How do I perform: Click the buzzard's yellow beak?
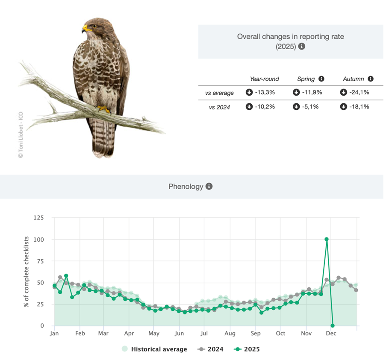(x=85, y=29)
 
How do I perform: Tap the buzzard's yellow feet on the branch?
(x=103, y=109)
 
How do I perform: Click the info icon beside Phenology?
(x=209, y=187)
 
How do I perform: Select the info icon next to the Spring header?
(x=321, y=79)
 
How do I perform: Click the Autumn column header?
(x=354, y=79)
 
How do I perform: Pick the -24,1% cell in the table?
(x=354, y=92)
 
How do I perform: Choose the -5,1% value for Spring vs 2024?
(x=307, y=107)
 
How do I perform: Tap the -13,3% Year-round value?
(x=260, y=92)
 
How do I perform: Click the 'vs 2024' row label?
(x=219, y=107)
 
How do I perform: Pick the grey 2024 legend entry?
(x=211, y=349)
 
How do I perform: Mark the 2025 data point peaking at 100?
(x=327, y=239)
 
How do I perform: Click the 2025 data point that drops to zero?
(x=333, y=326)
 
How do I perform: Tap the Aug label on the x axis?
(x=230, y=334)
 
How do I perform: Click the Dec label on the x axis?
(x=331, y=334)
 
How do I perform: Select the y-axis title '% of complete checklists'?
(x=27, y=272)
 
